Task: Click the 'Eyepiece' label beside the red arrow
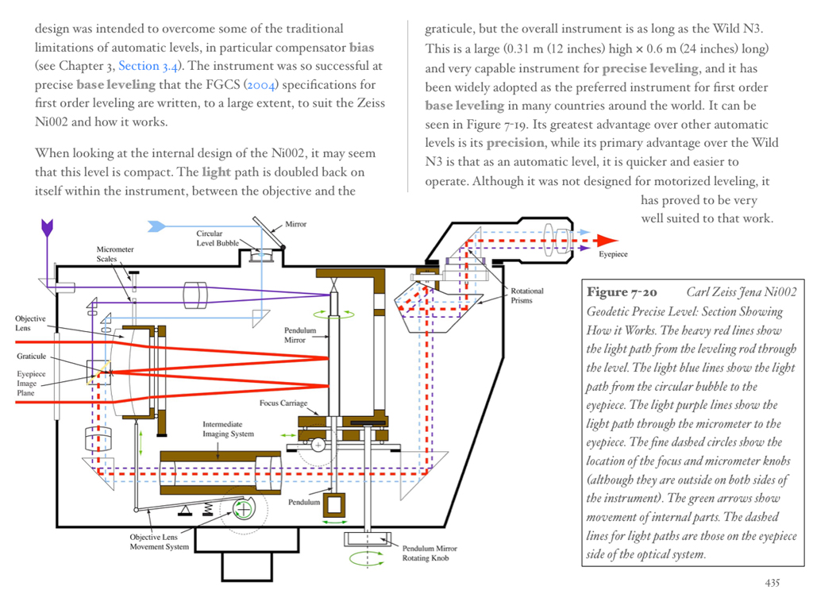(613, 254)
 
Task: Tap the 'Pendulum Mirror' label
(300, 335)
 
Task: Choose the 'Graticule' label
(32, 357)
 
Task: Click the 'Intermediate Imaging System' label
(229, 430)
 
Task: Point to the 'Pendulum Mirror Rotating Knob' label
(430, 553)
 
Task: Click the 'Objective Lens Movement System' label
(160, 542)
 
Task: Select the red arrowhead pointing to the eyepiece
(607, 240)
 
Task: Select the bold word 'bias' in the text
(361, 48)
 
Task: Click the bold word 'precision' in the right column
(515, 143)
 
